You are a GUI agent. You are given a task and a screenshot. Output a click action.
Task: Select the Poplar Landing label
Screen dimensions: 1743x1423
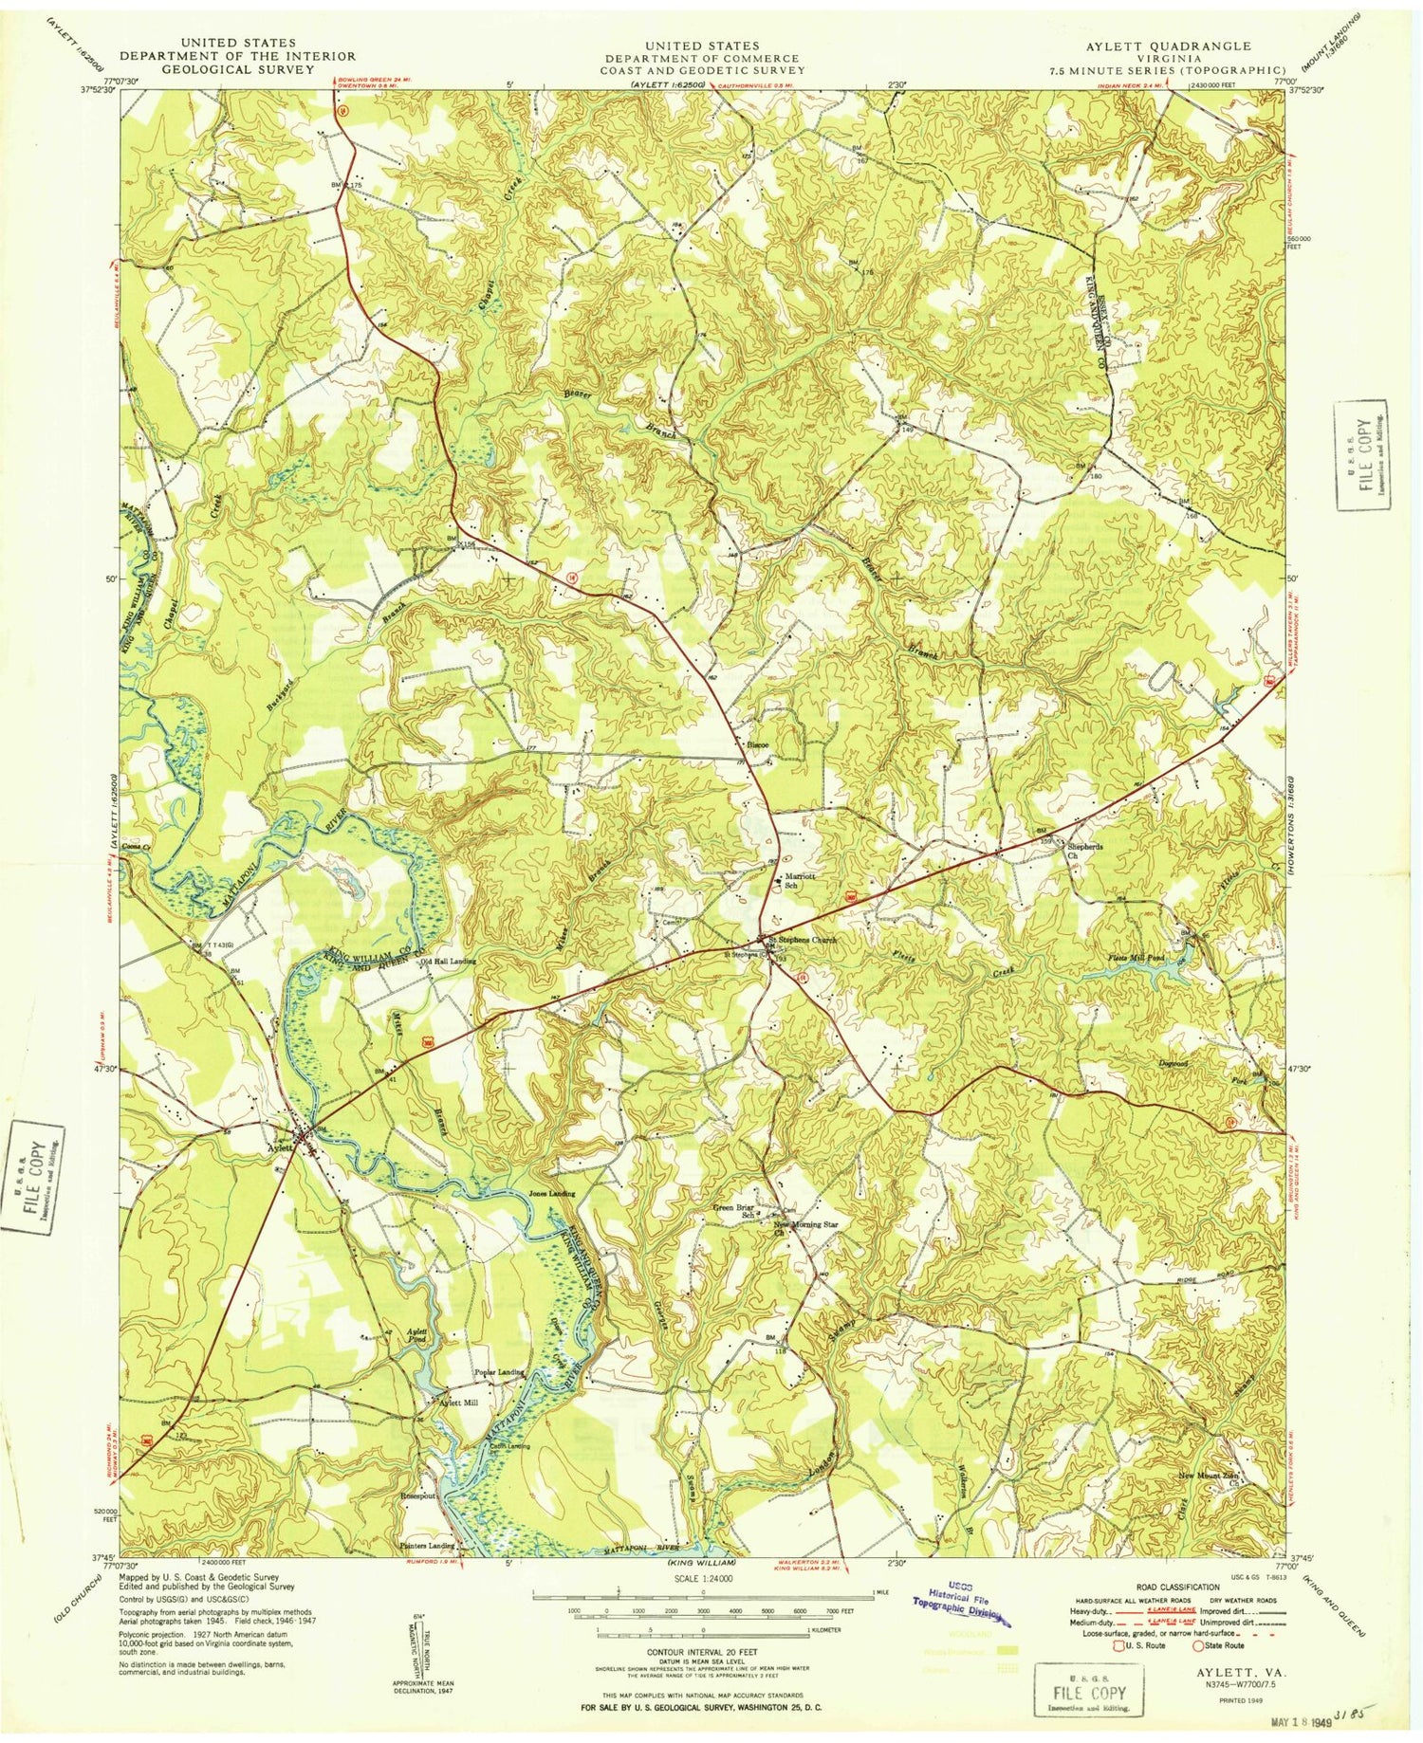click(x=499, y=1372)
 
